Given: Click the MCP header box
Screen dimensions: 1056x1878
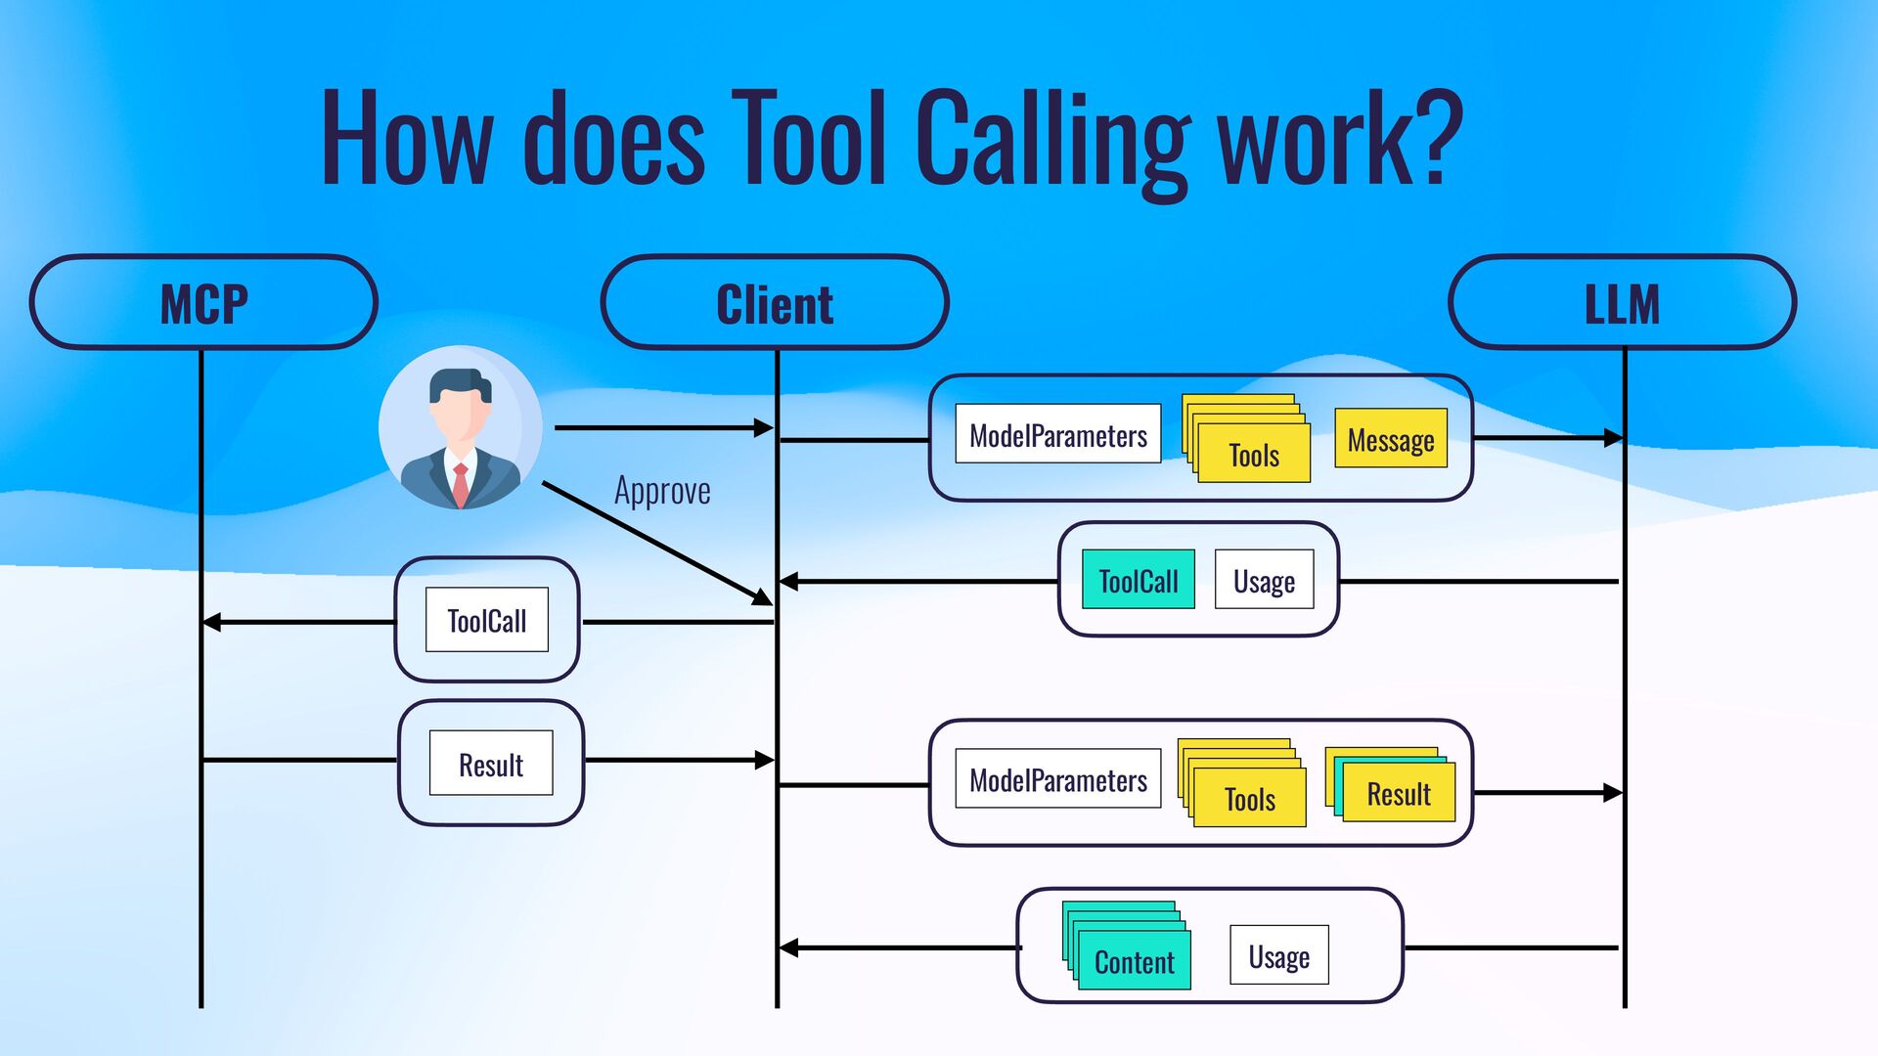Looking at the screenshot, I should (203, 303).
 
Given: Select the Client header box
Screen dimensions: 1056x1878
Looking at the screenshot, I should (775, 303).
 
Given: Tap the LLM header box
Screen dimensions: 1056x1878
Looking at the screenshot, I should (1622, 303).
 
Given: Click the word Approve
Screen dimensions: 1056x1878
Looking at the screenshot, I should (662, 491).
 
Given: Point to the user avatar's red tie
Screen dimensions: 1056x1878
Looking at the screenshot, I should (460, 485).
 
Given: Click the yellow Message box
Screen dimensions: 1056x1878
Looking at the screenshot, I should (1390, 438).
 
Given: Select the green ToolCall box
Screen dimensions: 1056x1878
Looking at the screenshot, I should (1138, 580).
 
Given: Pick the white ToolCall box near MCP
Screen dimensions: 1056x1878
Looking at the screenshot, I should (487, 620).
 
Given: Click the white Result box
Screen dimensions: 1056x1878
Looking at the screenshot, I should (491, 764).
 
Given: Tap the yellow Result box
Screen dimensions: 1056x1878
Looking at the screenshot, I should (1398, 793).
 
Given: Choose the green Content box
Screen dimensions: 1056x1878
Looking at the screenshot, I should (1133, 961).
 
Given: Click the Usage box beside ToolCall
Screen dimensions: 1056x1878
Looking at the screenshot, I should (1264, 580).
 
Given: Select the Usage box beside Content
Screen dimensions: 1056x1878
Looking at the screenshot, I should (1278, 955).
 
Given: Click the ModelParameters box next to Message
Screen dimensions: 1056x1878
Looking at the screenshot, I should (1057, 434).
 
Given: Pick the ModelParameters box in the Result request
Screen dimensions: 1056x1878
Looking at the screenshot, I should (1057, 779).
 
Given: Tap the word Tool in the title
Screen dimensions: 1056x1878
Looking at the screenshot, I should (808, 137).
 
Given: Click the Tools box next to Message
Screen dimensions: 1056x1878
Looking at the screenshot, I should (1252, 454).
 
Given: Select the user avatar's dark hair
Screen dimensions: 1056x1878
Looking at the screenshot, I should (460, 383).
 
